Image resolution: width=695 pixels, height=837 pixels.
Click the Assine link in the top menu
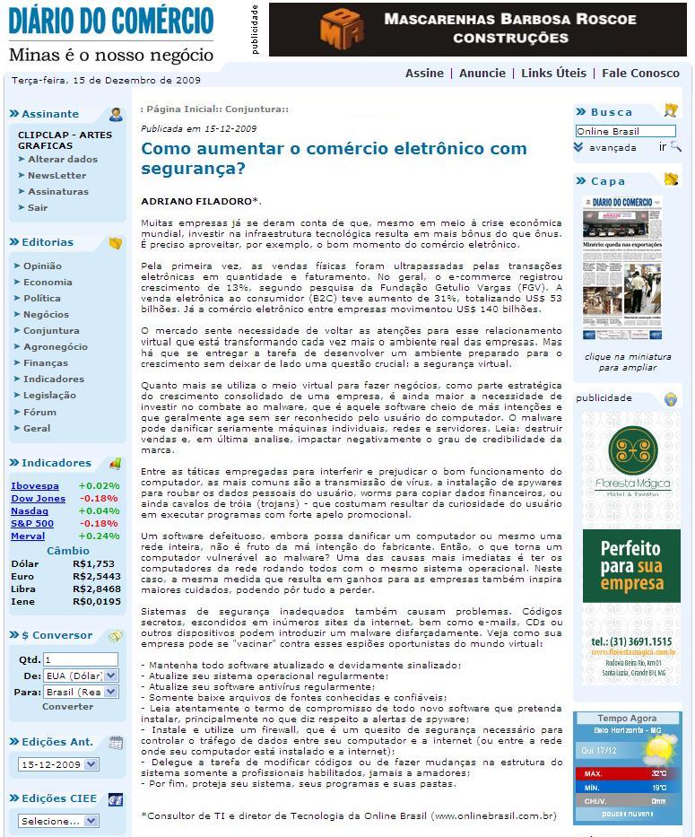pyautogui.click(x=424, y=74)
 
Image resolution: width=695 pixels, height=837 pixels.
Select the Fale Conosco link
pyautogui.click(x=640, y=74)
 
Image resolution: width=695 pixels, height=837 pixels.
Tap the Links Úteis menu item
pyautogui.click(x=553, y=74)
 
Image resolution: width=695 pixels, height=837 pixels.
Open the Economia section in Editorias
pyautogui.click(x=48, y=282)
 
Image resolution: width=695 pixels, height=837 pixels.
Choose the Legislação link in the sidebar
pyautogui.click(x=49, y=395)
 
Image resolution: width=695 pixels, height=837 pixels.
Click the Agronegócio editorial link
pyautogui.click(x=56, y=346)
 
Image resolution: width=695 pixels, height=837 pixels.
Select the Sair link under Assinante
pyautogui.click(x=38, y=207)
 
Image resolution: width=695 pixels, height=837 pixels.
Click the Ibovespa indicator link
pyautogui.click(x=35, y=485)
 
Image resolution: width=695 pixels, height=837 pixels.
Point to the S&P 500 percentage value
pyautogui.click(x=99, y=523)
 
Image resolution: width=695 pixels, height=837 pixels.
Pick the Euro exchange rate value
pyautogui.click(x=96, y=576)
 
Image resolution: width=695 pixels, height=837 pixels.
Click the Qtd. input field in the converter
pyautogui.click(x=81, y=659)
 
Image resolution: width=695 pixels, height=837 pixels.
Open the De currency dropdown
pyautogui.click(x=81, y=676)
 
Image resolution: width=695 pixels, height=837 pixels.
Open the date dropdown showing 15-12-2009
pyautogui.click(x=58, y=764)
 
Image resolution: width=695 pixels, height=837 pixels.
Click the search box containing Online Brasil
pyautogui.click(x=625, y=131)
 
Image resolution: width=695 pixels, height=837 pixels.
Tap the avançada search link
pyautogui.click(x=612, y=147)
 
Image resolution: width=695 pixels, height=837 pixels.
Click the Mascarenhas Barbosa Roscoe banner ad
pyautogui.click(x=477, y=29)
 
